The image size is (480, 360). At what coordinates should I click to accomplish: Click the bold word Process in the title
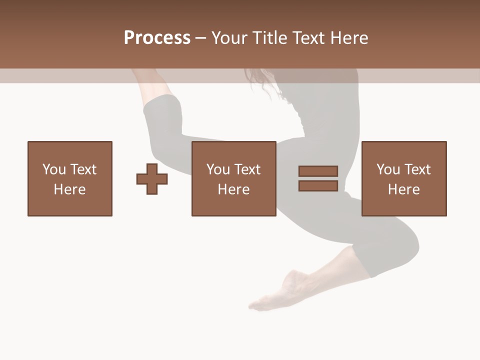tap(157, 37)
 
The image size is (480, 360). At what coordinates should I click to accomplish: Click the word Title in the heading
tap(270, 37)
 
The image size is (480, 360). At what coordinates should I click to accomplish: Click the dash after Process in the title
tap(200, 38)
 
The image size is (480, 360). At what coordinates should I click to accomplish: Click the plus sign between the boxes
tap(152, 179)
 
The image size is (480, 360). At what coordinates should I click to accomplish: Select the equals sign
tap(318, 178)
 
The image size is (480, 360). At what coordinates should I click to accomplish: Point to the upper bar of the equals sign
tap(318, 171)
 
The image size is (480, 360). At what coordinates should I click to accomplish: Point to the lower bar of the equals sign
tap(318, 186)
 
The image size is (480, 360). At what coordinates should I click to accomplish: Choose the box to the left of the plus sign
tap(70, 178)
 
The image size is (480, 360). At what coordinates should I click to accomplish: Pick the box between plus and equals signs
tap(233, 178)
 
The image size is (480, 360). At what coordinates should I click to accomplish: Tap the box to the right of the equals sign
tap(403, 178)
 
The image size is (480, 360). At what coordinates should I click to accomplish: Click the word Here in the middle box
tap(233, 189)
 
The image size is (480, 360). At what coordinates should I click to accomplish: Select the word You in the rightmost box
tap(388, 169)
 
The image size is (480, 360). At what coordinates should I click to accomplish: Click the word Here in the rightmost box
tap(403, 189)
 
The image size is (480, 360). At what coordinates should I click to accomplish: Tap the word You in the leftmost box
tap(54, 169)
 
